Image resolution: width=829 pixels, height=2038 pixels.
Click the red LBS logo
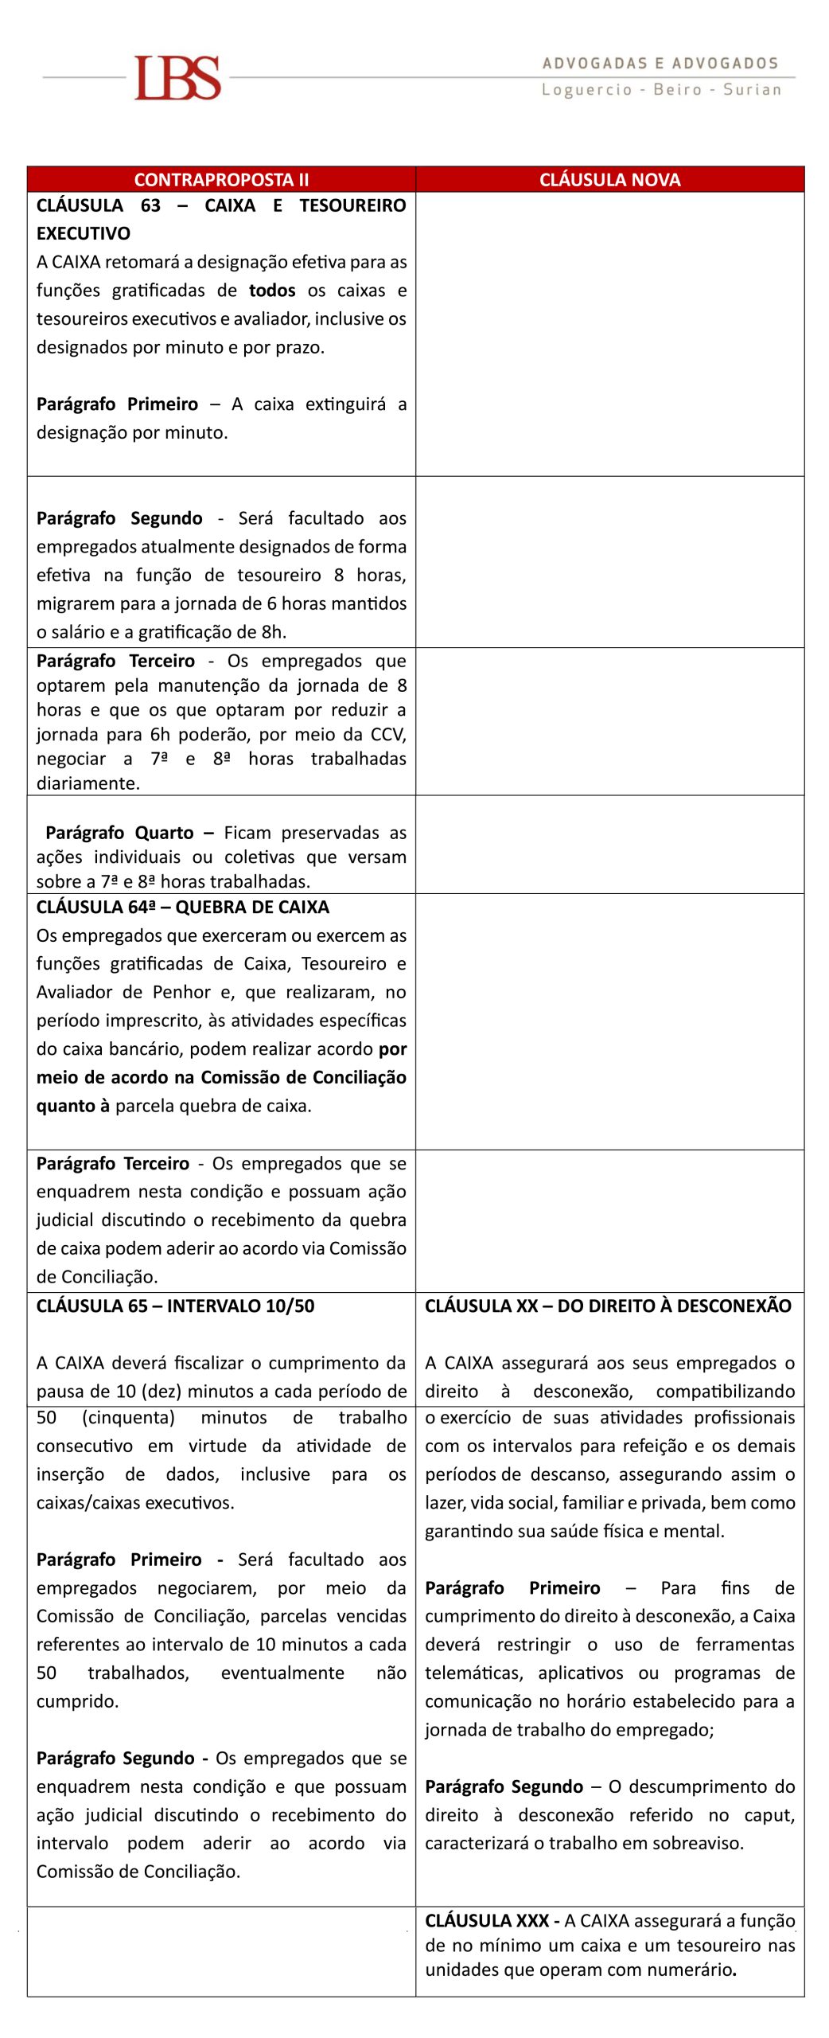point(177,78)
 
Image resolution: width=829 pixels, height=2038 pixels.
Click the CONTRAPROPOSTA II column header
point(221,180)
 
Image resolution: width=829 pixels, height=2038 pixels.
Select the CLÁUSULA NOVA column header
point(609,180)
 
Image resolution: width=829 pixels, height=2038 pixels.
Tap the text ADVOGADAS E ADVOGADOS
point(660,64)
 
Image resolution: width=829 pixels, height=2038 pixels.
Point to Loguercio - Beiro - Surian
point(661,90)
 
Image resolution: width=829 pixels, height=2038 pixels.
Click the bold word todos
point(272,291)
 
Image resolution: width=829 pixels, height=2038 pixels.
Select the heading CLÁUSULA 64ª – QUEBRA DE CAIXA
point(183,908)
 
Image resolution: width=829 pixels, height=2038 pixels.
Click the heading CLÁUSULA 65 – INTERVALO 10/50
point(175,1306)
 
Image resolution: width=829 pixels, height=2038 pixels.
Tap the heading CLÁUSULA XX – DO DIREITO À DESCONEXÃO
point(608,1306)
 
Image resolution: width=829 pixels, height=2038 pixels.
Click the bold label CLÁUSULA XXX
point(486,1920)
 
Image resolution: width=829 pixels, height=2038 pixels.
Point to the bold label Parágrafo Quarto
point(119,833)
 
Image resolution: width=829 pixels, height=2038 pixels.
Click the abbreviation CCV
point(388,734)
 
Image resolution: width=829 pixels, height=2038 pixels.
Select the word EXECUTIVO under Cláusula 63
point(84,234)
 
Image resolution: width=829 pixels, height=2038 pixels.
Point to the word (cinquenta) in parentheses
point(128,1417)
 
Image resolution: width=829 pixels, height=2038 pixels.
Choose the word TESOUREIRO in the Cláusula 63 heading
point(352,205)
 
